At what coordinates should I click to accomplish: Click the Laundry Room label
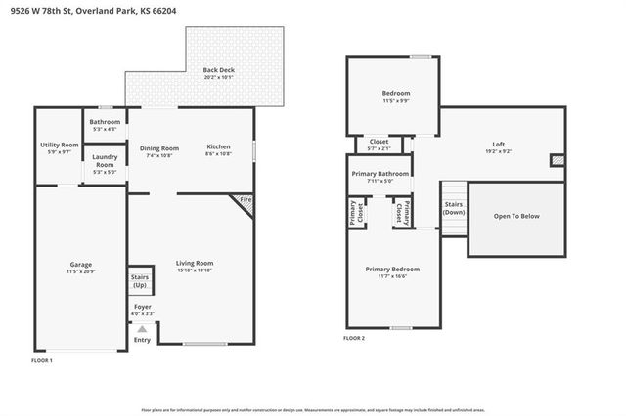point(105,161)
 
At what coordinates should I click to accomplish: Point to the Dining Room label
point(158,147)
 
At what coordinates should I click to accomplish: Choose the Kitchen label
point(218,147)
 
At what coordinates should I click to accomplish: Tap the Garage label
point(81,265)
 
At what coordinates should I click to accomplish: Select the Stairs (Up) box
point(140,280)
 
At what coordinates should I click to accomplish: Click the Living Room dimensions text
point(194,270)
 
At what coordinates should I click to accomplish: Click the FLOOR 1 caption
point(42,361)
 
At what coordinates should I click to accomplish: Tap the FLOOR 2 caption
point(354,338)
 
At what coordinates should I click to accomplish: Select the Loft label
point(499,144)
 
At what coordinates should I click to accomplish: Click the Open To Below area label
point(516,216)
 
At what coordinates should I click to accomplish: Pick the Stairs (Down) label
point(454,208)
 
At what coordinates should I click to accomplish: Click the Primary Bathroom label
point(380,174)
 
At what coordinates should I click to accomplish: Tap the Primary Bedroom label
point(392,269)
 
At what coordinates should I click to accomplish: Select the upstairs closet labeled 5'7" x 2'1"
point(379,144)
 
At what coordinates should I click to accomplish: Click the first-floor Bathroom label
point(105,122)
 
